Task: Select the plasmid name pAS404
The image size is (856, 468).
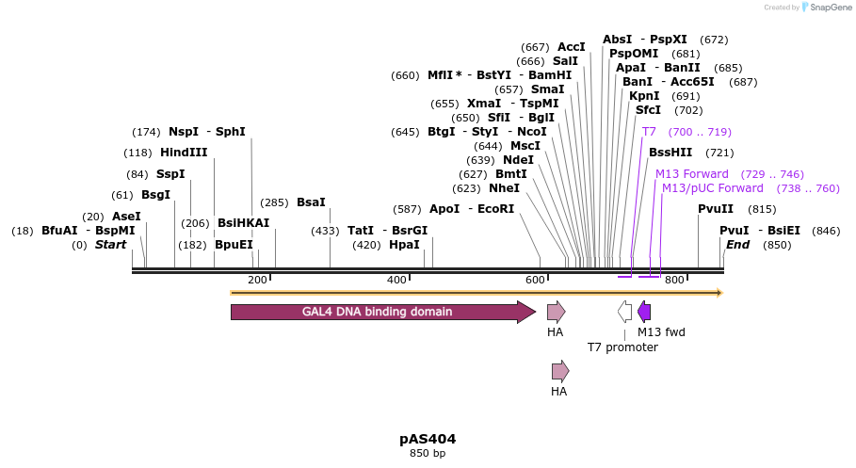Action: point(428,439)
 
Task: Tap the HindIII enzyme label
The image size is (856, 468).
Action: point(184,153)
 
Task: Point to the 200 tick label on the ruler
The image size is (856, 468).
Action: point(257,280)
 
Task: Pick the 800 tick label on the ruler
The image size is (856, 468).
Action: point(673,280)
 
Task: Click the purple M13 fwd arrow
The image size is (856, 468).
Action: point(644,312)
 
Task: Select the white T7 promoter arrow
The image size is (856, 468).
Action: point(624,312)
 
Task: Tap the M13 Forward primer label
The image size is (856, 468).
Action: point(692,174)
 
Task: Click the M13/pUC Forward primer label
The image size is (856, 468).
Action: point(712,188)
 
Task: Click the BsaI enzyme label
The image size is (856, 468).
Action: point(311,202)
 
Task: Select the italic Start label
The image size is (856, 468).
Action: point(110,245)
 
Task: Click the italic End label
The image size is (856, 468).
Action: point(737,245)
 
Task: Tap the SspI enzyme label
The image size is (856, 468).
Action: point(170,174)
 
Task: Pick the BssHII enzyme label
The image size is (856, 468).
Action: point(670,153)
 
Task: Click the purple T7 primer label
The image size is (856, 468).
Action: point(649,132)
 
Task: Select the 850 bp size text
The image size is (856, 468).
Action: point(428,454)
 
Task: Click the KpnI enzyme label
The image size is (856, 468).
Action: point(644,96)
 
